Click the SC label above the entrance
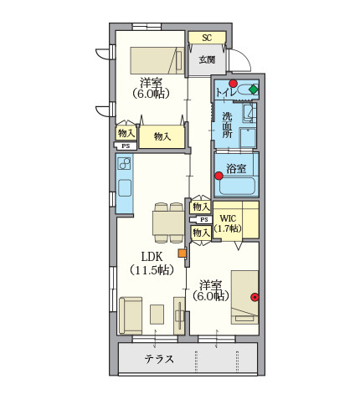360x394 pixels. point(207,38)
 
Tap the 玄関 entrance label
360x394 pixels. point(207,59)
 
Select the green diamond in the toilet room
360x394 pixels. point(254,90)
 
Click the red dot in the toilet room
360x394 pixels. point(233,84)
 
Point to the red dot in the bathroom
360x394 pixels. point(219,176)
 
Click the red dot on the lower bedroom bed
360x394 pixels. point(255,298)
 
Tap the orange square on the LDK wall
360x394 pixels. point(183,253)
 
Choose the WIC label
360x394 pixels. point(228,218)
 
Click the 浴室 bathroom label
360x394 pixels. point(236,168)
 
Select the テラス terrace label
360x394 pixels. point(159,359)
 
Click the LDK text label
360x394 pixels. point(152,257)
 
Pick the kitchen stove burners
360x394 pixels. point(124,164)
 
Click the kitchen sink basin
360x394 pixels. point(125,187)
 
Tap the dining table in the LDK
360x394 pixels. point(168,223)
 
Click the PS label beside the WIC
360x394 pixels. point(204,220)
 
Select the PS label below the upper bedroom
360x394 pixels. point(126,146)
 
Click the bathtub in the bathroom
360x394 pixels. point(237,186)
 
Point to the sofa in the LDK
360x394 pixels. point(131,315)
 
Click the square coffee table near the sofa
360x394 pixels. point(157,315)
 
